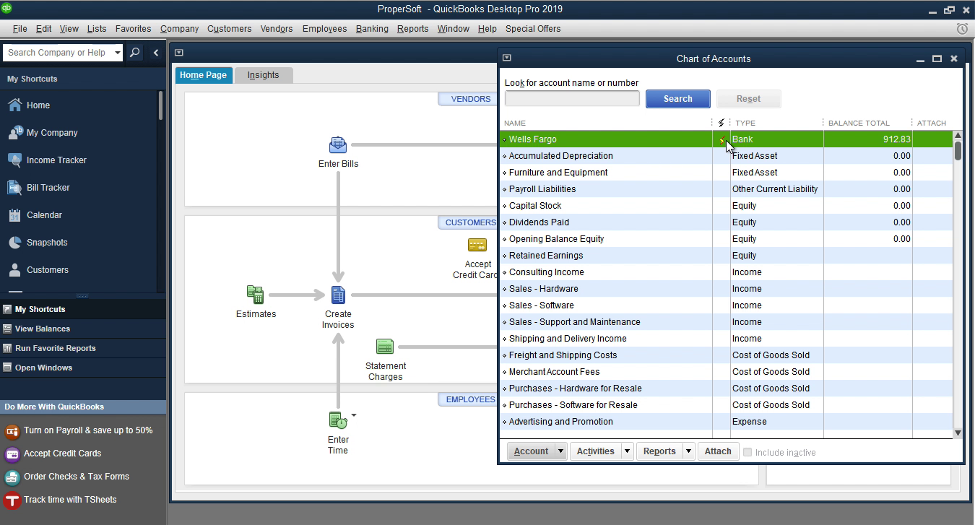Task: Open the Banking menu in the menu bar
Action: pyautogui.click(x=372, y=29)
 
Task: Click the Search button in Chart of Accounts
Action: pyautogui.click(x=677, y=99)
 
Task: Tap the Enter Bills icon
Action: pyautogui.click(x=338, y=145)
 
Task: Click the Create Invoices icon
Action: pyautogui.click(x=338, y=295)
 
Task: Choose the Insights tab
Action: pyautogui.click(x=263, y=75)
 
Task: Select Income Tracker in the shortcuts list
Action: pyautogui.click(x=56, y=160)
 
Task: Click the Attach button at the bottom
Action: pyautogui.click(x=718, y=451)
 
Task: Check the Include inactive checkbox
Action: pyautogui.click(x=747, y=452)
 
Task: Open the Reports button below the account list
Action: pyautogui.click(x=659, y=451)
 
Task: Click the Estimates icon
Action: pyautogui.click(x=256, y=295)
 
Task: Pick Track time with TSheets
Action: pyautogui.click(x=70, y=500)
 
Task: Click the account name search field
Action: pyautogui.click(x=572, y=99)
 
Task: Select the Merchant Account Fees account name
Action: pyautogui.click(x=554, y=372)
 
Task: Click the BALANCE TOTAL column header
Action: pyautogui.click(x=859, y=123)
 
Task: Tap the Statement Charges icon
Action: pyautogui.click(x=385, y=347)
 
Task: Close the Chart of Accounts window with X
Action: pyautogui.click(x=954, y=58)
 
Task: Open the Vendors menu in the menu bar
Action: pyautogui.click(x=277, y=29)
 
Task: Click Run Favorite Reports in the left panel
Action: pyautogui.click(x=56, y=348)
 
